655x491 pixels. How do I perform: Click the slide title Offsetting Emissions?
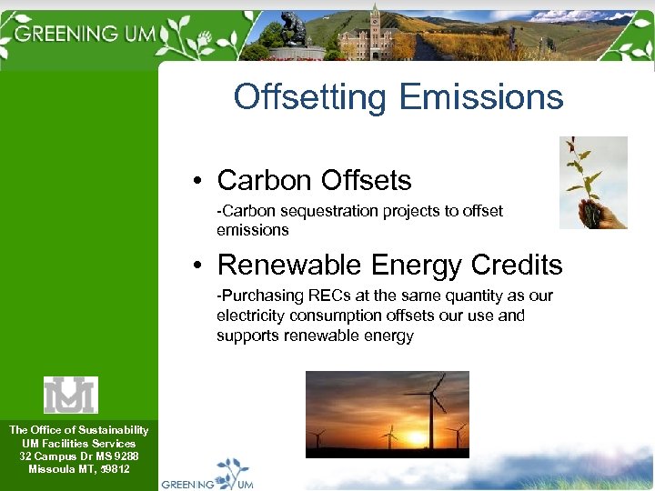398,96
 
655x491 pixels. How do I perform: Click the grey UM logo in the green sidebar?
71,395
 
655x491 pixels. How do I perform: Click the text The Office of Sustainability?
78,430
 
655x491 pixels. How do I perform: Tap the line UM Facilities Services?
78,443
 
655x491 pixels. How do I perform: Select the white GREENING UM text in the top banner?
87,34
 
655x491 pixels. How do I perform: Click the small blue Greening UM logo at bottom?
208,476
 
